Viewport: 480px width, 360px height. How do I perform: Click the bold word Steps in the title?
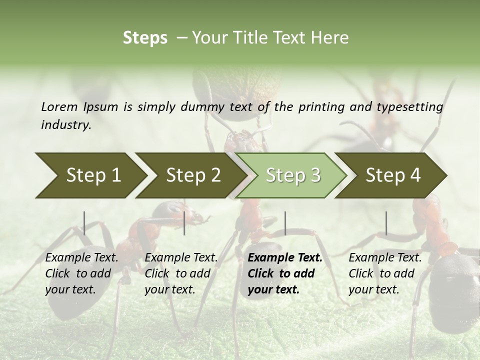pyautogui.click(x=145, y=38)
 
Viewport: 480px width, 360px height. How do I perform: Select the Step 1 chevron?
pyautogui.click(x=90, y=175)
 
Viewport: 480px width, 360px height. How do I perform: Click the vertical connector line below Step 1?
pyautogui.click(x=84, y=223)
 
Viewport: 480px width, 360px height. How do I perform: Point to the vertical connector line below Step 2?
pyautogui.click(x=184, y=223)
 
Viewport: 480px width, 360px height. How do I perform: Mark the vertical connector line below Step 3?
pyautogui.click(x=285, y=223)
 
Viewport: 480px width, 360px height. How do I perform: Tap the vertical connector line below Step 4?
pyautogui.click(x=386, y=223)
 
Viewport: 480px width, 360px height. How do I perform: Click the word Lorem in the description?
pyautogui.click(x=59, y=106)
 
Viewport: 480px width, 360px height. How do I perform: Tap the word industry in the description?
pyautogui.click(x=66, y=125)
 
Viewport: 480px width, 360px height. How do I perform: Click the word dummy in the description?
pyautogui.click(x=202, y=106)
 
